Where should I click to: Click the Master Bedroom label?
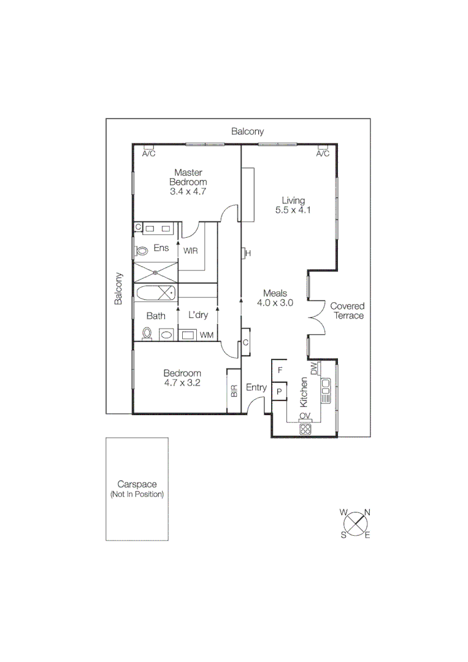pyautogui.click(x=188, y=177)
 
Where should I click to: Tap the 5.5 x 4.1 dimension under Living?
pyautogui.click(x=294, y=210)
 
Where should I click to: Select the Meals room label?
pyautogui.click(x=275, y=294)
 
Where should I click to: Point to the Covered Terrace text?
pyautogui.click(x=347, y=311)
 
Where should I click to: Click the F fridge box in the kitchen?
pyautogui.click(x=280, y=370)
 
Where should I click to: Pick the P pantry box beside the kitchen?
pyautogui.click(x=280, y=391)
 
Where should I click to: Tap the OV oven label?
pyautogui.click(x=305, y=416)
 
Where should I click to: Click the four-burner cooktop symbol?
pyautogui.click(x=305, y=429)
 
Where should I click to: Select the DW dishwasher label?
pyautogui.click(x=313, y=369)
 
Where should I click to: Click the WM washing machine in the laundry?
pyautogui.click(x=207, y=335)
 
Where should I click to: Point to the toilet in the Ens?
pyautogui.click(x=142, y=251)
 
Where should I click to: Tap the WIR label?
pyautogui.click(x=190, y=250)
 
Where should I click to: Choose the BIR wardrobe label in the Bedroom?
pyautogui.click(x=234, y=391)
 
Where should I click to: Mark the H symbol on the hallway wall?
pyautogui.click(x=248, y=253)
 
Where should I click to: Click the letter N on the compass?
pyautogui.click(x=367, y=512)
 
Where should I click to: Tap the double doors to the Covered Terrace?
pyautogui.click(x=316, y=318)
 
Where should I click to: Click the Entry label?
pyautogui.click(x=256, y=387)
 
